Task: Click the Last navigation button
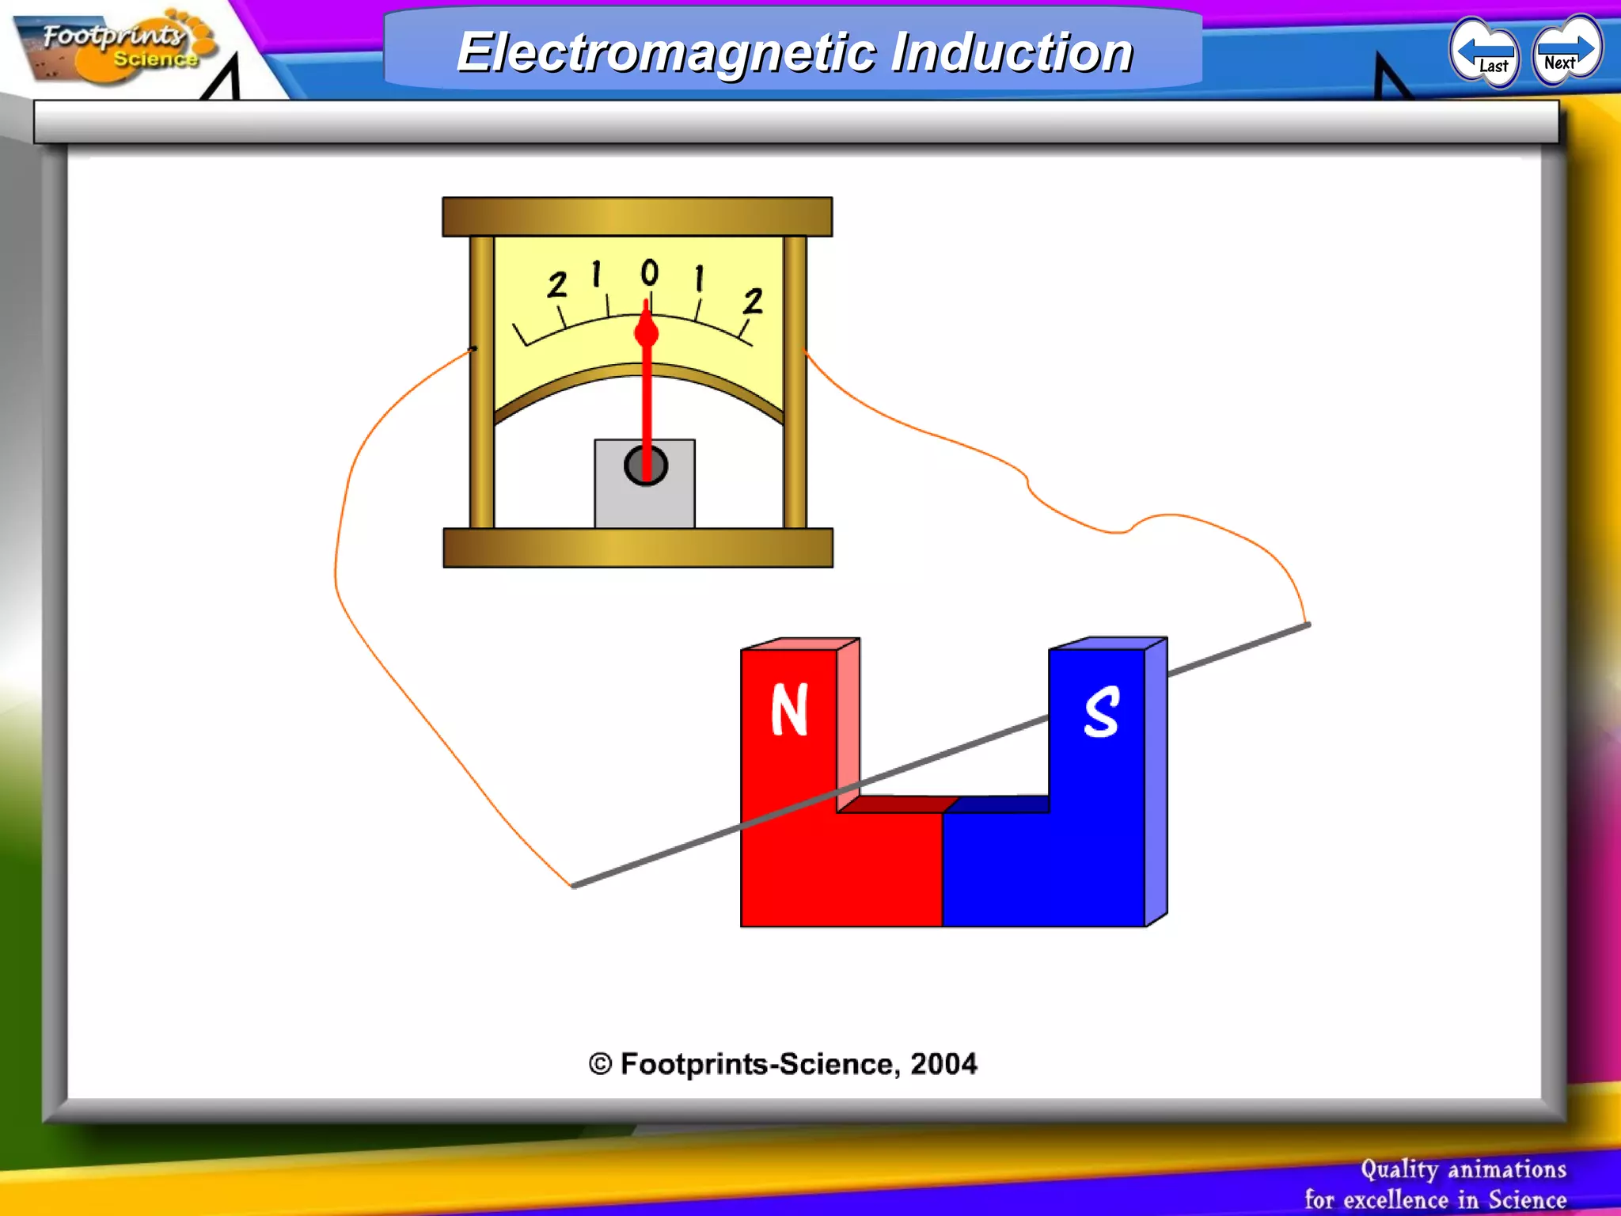tap(1485, 54)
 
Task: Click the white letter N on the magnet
tap(789, 709)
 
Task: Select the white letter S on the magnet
tap(1101, 712)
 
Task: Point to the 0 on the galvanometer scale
tap(649, 272)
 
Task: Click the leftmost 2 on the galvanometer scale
tap(557, 285)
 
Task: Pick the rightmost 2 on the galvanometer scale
tap(753, 301)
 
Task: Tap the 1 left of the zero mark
tap(597, 275)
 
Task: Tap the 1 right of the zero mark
tap(699, 279)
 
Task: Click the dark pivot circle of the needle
tap(645, 465)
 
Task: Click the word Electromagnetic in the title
tap(666, 52)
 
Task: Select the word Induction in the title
tap(1012, 52)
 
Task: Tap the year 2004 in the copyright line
tap(943, 1064)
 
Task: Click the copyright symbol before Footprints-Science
tap(601, 1064)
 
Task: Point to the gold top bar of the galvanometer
tap(637, 216)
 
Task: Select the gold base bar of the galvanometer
tap(638, 548)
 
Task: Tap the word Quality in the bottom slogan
tap(1399, 1169)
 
